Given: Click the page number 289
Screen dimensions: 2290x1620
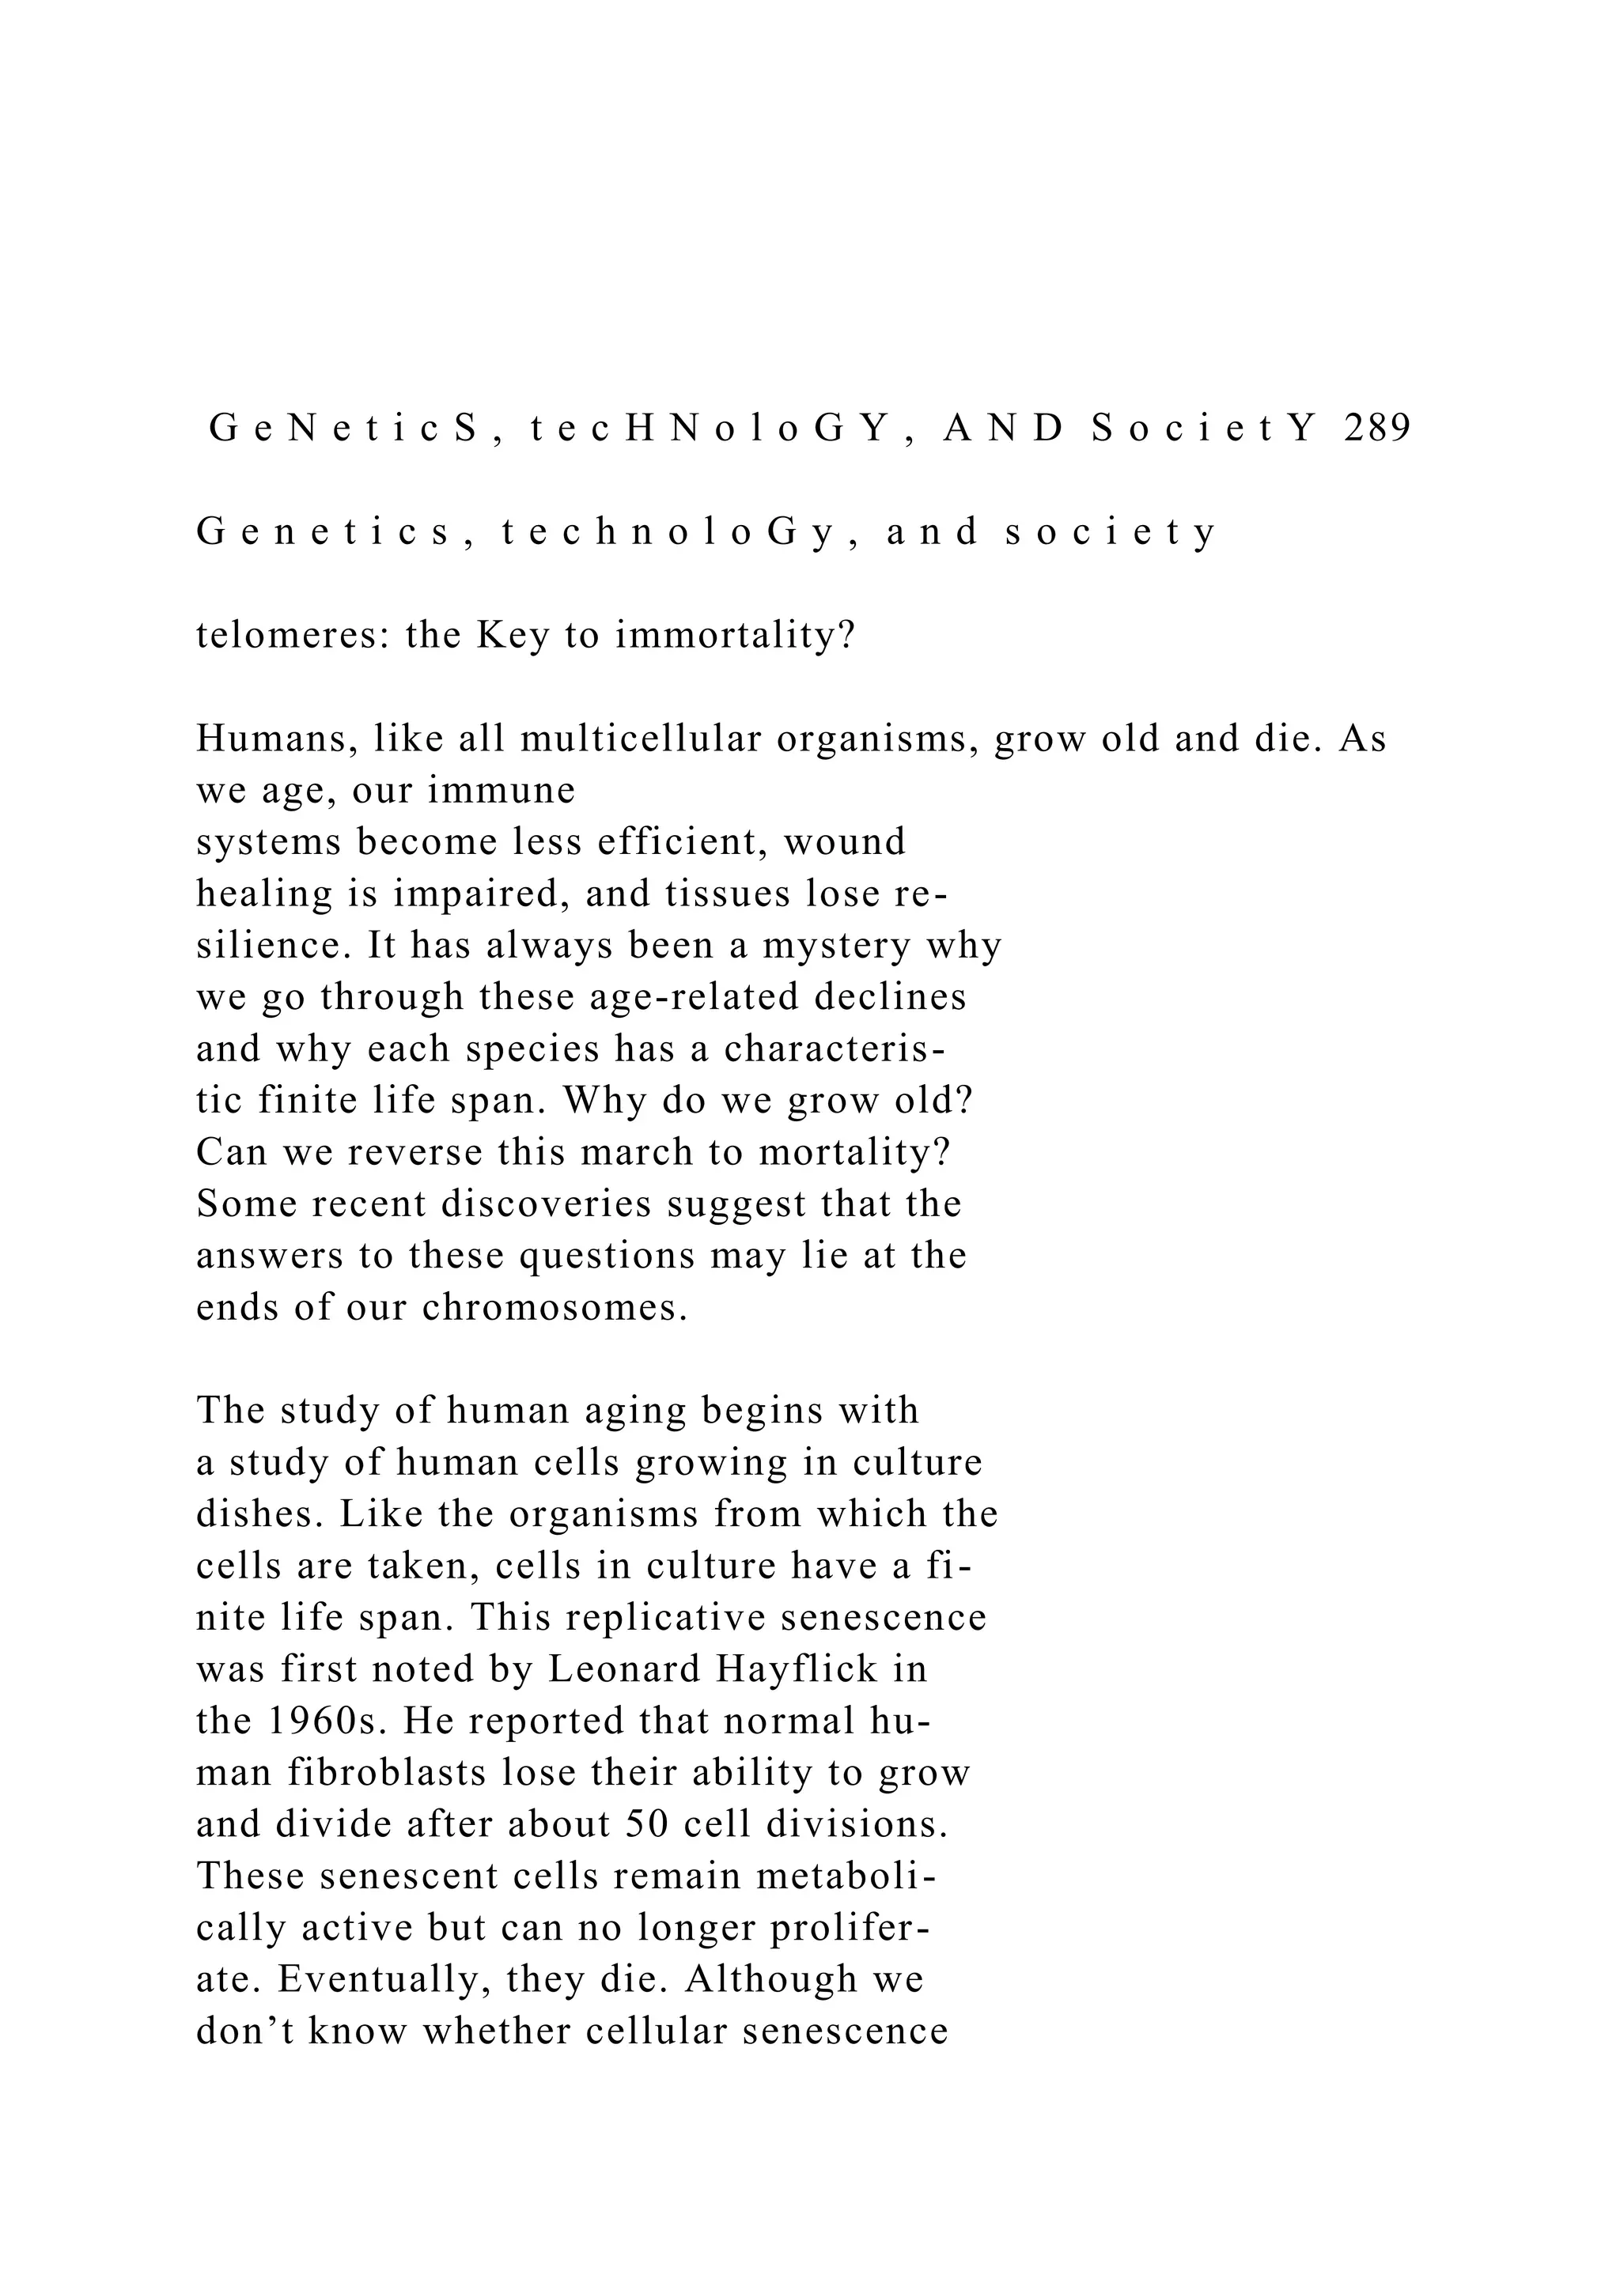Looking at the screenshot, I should [x=1378, y=428].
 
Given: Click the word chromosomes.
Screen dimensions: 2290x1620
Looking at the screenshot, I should [x=555, y=1308].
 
